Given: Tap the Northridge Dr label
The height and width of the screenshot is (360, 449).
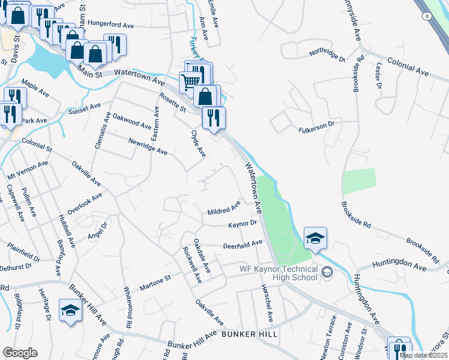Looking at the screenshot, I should [x=327, y=53].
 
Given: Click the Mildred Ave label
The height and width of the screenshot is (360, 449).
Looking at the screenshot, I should [x=224, y=209].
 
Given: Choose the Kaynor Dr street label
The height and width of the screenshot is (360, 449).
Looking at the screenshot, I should [x=242, y=224].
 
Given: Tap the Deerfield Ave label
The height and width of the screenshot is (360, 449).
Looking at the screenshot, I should [x=243, y=245].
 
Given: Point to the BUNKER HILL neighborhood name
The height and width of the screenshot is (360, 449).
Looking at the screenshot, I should [x=250, y=333].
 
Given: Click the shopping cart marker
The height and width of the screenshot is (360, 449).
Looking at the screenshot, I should [x=190, y=81].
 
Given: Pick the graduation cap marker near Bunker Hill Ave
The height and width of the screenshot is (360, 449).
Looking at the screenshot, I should [x=70, y=310].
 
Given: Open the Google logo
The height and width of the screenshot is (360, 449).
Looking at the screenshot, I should [x=20, y=353].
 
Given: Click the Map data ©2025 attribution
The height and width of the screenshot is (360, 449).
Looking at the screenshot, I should [x=423, y=355].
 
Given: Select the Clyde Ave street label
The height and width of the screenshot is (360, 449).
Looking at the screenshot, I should [x=198, y=143].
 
